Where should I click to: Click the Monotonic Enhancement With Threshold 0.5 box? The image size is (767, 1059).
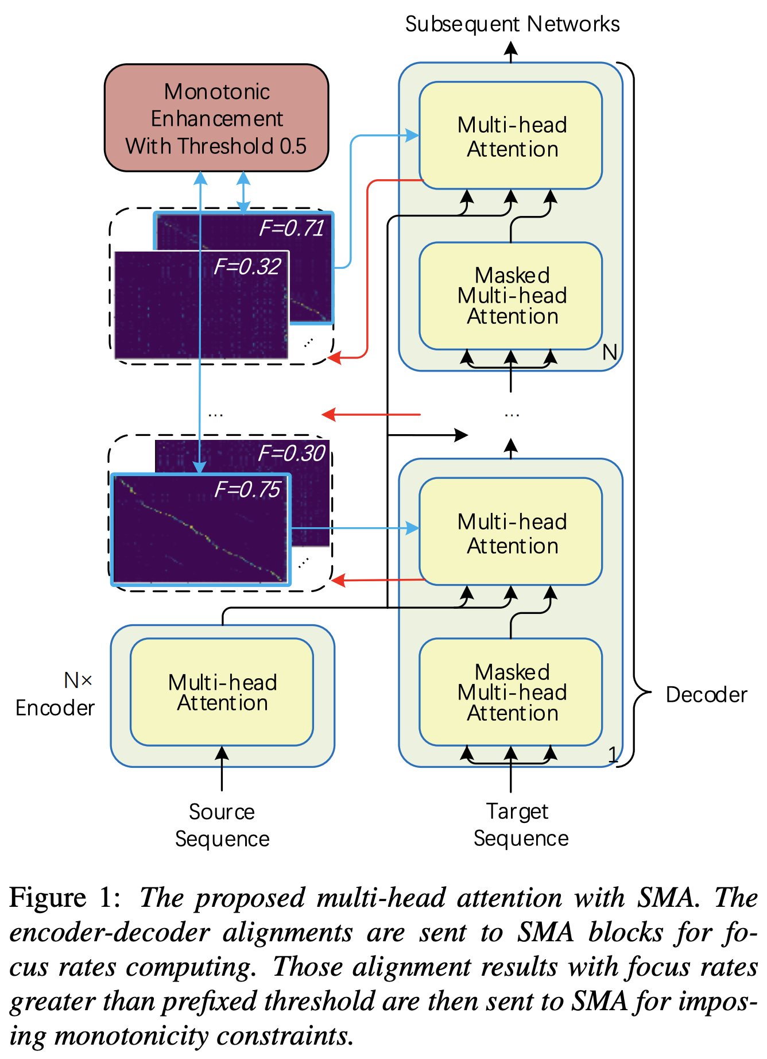[x=216, y=118]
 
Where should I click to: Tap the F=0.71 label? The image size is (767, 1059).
[x=292, y=229]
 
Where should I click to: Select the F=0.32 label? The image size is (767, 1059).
[x=247, y=266]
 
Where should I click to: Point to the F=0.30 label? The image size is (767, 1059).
[x=292, y=454]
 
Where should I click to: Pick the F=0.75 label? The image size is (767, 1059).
[x=247, y=489]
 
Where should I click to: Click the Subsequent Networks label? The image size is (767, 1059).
[x=512, y=24]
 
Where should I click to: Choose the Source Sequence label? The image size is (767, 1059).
[x=222, y=825]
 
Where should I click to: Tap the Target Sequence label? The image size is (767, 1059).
[x=520, y=825]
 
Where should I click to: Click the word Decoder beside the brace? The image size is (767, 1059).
[x=706, y=695]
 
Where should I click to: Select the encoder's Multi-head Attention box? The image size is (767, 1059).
[x=222, y=692]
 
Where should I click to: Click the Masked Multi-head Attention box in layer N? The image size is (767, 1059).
[x=511, y=296]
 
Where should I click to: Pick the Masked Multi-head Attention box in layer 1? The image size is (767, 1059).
[x=511, y=692]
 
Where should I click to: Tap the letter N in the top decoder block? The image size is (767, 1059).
[x=610, y=352]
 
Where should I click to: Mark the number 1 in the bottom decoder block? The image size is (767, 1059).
[x=613, y=753]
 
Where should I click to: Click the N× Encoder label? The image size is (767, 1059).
[x=55, y=694]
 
